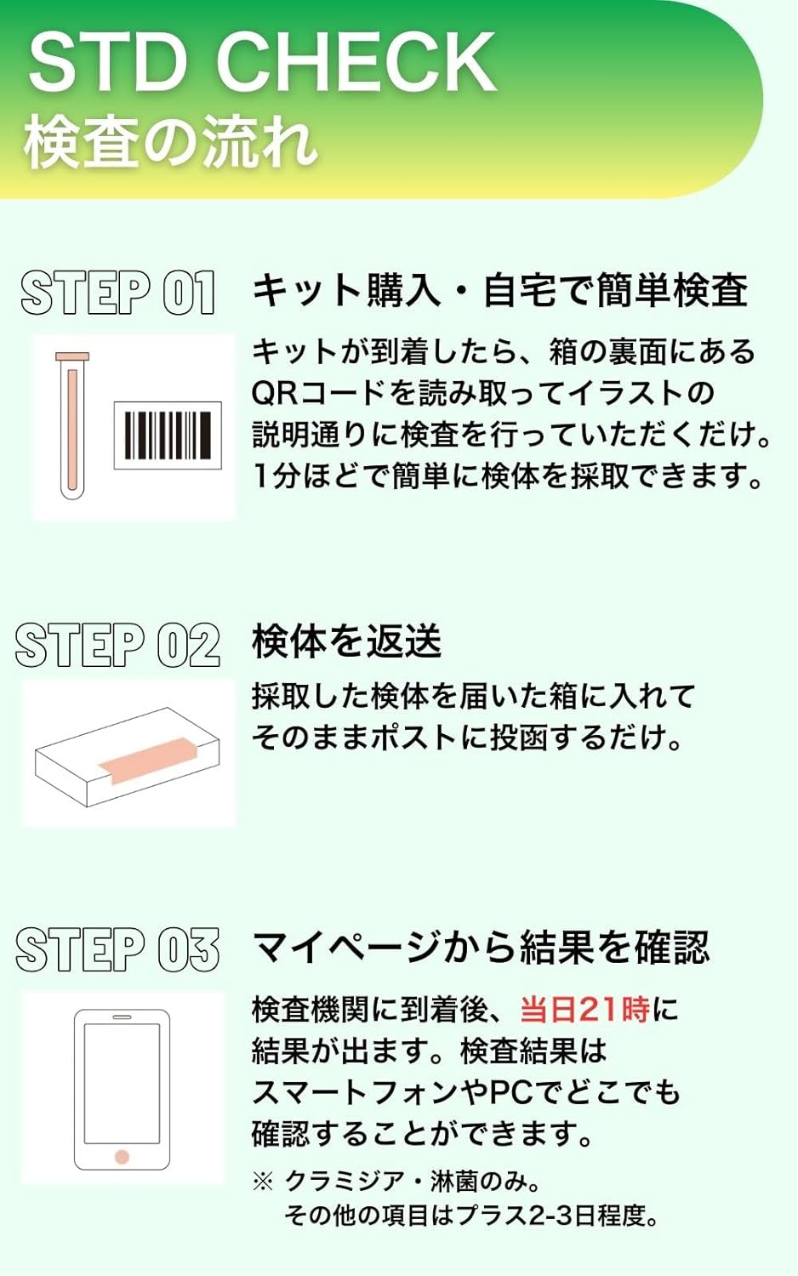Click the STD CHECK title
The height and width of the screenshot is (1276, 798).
click(263, 62)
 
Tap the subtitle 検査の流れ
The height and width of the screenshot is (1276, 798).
click(170, 141)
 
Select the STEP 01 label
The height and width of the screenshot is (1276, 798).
click(118, 293)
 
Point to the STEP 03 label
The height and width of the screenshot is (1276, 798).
click(117, 949)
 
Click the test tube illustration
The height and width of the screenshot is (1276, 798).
click(72, 425)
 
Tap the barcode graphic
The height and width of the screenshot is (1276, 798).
click(168, 436)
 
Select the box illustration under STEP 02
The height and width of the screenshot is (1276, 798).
click(128, 757)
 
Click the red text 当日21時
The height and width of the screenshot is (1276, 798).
click(585, 1010)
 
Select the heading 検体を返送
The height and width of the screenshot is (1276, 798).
click(346, 641)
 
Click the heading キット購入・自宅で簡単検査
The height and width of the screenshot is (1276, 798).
click(499, 290)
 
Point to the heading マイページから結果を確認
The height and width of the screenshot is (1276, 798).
click(482, 947)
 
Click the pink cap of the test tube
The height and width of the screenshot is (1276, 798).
click(72, 356)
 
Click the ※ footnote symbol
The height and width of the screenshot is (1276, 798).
click(263, 1182)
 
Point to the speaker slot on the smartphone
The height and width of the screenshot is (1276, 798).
click(122, 1017)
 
